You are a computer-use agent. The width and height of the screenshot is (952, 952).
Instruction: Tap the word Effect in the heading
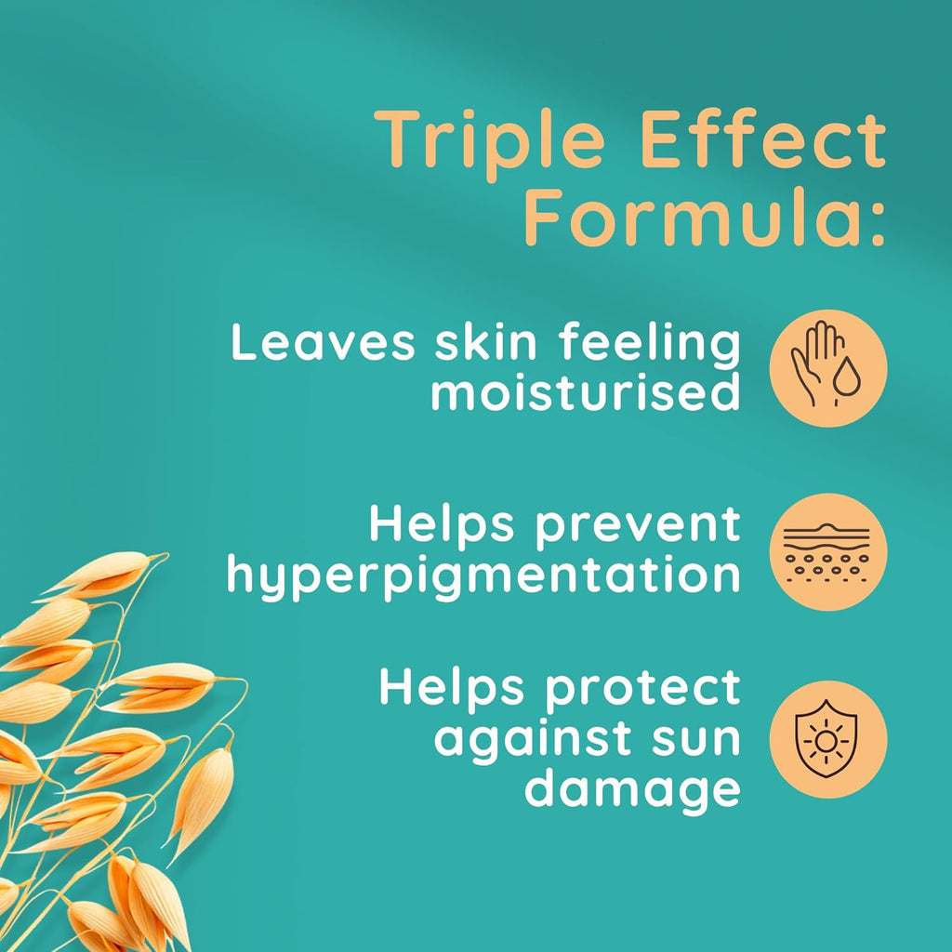[x=762, y=139]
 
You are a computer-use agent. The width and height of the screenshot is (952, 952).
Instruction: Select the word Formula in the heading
[x=694, y=217]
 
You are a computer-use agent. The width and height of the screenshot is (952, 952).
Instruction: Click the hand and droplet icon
[x=828, y=368]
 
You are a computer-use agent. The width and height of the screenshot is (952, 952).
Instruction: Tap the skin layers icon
[x=828, y=552]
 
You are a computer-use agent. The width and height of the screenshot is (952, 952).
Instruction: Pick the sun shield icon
[x=828, y=739]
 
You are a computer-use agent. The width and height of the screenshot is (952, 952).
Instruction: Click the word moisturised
[x=586, y=391]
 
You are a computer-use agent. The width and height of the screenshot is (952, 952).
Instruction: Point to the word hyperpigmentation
[x=483, y=575]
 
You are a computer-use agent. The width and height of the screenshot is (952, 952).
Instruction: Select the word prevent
[x=638, y=525]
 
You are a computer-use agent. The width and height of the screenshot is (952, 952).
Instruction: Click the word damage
[x=632, y=788]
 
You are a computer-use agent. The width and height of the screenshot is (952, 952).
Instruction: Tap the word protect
[x=643, y=689]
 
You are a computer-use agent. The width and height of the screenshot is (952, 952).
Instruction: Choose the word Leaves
[x=323, y=342]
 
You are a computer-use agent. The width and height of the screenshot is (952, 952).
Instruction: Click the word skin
[x=486, y=342]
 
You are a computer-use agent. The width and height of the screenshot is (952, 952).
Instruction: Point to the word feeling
[x=650, y=345]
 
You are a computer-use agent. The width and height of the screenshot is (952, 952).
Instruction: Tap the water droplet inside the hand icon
[x=846, y=377]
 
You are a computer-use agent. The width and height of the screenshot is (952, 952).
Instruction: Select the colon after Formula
[x=878, y=225]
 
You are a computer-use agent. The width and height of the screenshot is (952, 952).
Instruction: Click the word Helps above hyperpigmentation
[x=442, y=523]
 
